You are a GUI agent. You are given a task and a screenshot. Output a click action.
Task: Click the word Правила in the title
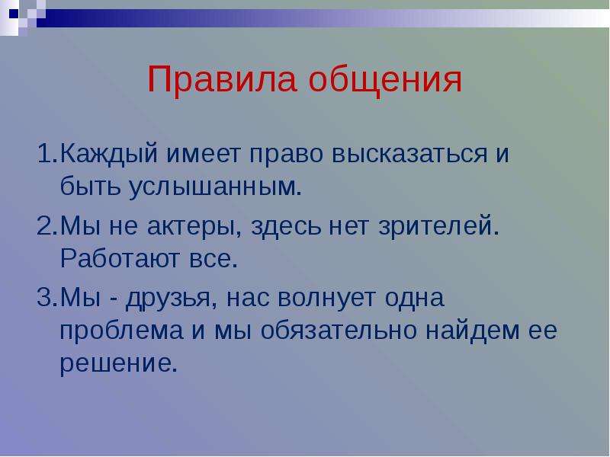222,79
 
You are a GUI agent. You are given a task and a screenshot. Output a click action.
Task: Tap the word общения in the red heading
385,81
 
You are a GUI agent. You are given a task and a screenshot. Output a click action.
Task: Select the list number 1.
47,154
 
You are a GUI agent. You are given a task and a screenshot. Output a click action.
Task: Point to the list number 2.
47,225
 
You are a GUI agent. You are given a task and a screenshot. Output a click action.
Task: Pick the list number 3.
47,297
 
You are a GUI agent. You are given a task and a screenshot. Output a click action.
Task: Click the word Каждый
109,154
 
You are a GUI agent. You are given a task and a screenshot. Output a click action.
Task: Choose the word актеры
194,226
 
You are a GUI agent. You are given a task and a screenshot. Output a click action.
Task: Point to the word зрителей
439,225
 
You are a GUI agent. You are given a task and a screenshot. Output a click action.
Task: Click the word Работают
120,258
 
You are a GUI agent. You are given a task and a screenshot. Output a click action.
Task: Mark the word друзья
171,299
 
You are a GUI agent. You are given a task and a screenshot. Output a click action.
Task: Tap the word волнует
327,299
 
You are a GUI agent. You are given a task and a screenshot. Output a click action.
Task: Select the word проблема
121,331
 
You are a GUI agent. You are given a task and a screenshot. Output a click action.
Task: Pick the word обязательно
339,331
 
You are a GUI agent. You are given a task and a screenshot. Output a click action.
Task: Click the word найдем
472,330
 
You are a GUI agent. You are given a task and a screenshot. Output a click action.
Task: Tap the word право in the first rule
287,155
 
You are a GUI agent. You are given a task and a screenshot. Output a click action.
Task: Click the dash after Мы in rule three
114,300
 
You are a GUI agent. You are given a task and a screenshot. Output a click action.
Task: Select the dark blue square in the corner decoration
14,13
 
